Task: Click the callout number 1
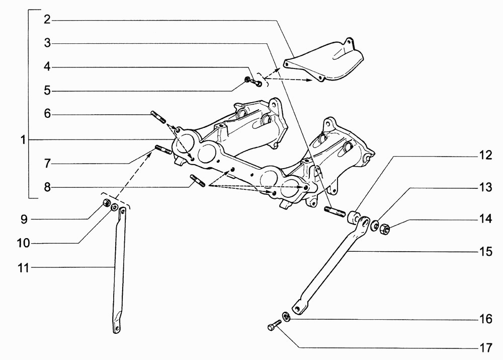tap(23, 140)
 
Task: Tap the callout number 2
tap(47, 20)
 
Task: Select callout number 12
tap(485, 156)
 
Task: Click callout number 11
tap(24, 267)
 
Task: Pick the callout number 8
tap(47, 187)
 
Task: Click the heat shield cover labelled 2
tap(324, 61)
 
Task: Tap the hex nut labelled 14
tap(384, 229)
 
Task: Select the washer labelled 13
tap(374, 225)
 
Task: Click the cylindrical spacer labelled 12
tap(354, 218)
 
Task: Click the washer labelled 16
tap(286, 316)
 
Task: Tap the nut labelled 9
tap(107, 203)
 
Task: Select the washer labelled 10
tap(114, 207)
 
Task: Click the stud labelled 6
tap(158, 117)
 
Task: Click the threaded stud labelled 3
tap(335, 212)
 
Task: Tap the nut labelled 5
tap(247, 79)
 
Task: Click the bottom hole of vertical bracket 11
tap(117, 328)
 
